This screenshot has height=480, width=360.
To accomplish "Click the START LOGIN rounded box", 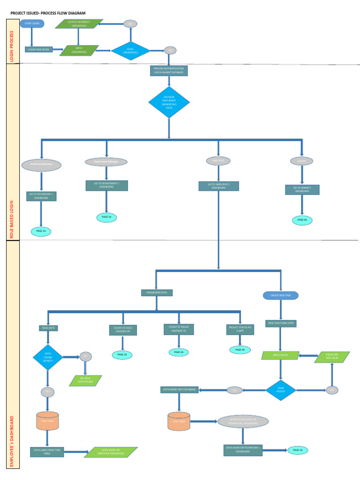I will pos(32,23).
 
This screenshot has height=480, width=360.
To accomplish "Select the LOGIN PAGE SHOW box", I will pos(39,49).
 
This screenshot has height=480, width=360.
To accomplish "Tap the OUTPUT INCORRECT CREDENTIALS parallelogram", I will pos(79,24).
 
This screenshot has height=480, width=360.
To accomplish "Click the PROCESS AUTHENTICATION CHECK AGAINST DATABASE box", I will pos(169,70).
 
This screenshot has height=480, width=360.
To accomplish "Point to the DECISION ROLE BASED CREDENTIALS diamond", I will pos(169,102).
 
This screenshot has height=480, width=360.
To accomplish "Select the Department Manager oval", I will pos(106,162).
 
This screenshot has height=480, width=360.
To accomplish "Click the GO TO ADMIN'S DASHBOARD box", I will pos(302,190).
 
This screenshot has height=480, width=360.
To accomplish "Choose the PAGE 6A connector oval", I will pos(302,219).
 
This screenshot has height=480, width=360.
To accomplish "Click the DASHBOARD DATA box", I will pos(157,292).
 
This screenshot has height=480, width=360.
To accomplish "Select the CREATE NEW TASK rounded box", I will pos(280,295).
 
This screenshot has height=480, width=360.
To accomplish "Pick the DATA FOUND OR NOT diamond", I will pos(48,358).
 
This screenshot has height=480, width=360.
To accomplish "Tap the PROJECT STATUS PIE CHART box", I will pos(240,329).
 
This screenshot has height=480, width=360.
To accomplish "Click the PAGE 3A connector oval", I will pos(178,352).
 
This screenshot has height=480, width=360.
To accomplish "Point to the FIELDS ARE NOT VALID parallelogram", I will pos(332,357).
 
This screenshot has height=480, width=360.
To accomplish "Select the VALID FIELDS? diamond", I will pos(281,390).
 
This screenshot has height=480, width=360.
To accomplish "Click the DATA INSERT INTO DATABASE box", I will pos(180,390).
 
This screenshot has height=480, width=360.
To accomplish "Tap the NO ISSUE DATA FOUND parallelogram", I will pos(85,380).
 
